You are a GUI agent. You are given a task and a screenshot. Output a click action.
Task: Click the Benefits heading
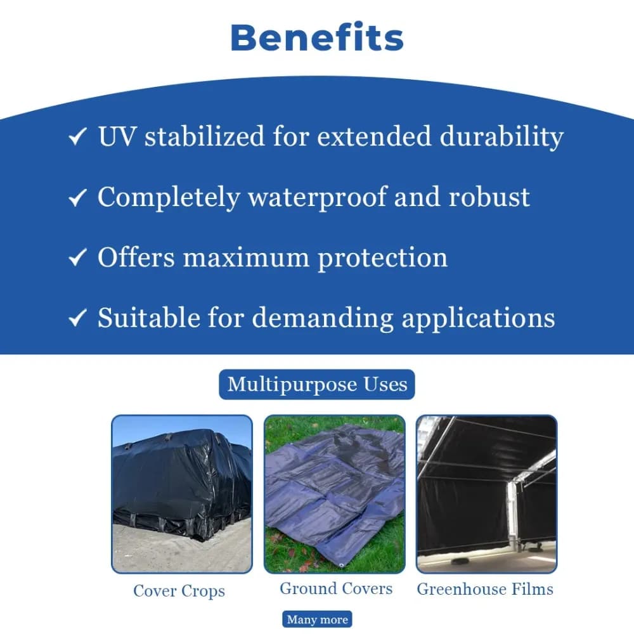point(317,37)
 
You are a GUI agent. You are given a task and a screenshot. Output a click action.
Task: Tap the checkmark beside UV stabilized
point(77,137)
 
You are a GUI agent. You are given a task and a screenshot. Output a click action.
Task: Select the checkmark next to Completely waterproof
point(77,198)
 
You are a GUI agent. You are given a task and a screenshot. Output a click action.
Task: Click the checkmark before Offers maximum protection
point(77,257)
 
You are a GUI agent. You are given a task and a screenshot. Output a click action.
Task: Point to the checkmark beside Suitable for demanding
point(77,318)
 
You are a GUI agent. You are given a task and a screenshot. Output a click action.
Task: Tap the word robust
point(489,197)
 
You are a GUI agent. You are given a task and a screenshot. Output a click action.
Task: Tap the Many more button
point(317,619)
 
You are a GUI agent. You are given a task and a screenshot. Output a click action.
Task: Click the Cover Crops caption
point(179,591)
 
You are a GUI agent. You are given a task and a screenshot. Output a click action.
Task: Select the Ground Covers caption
point(336,588)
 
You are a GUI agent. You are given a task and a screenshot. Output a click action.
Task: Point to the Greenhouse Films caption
point(485,589)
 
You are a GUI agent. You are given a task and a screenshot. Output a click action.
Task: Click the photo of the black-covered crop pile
point(182,494)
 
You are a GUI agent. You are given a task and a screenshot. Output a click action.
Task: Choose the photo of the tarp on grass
point(334,494)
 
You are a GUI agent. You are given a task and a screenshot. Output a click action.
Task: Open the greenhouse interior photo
point(486,494)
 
